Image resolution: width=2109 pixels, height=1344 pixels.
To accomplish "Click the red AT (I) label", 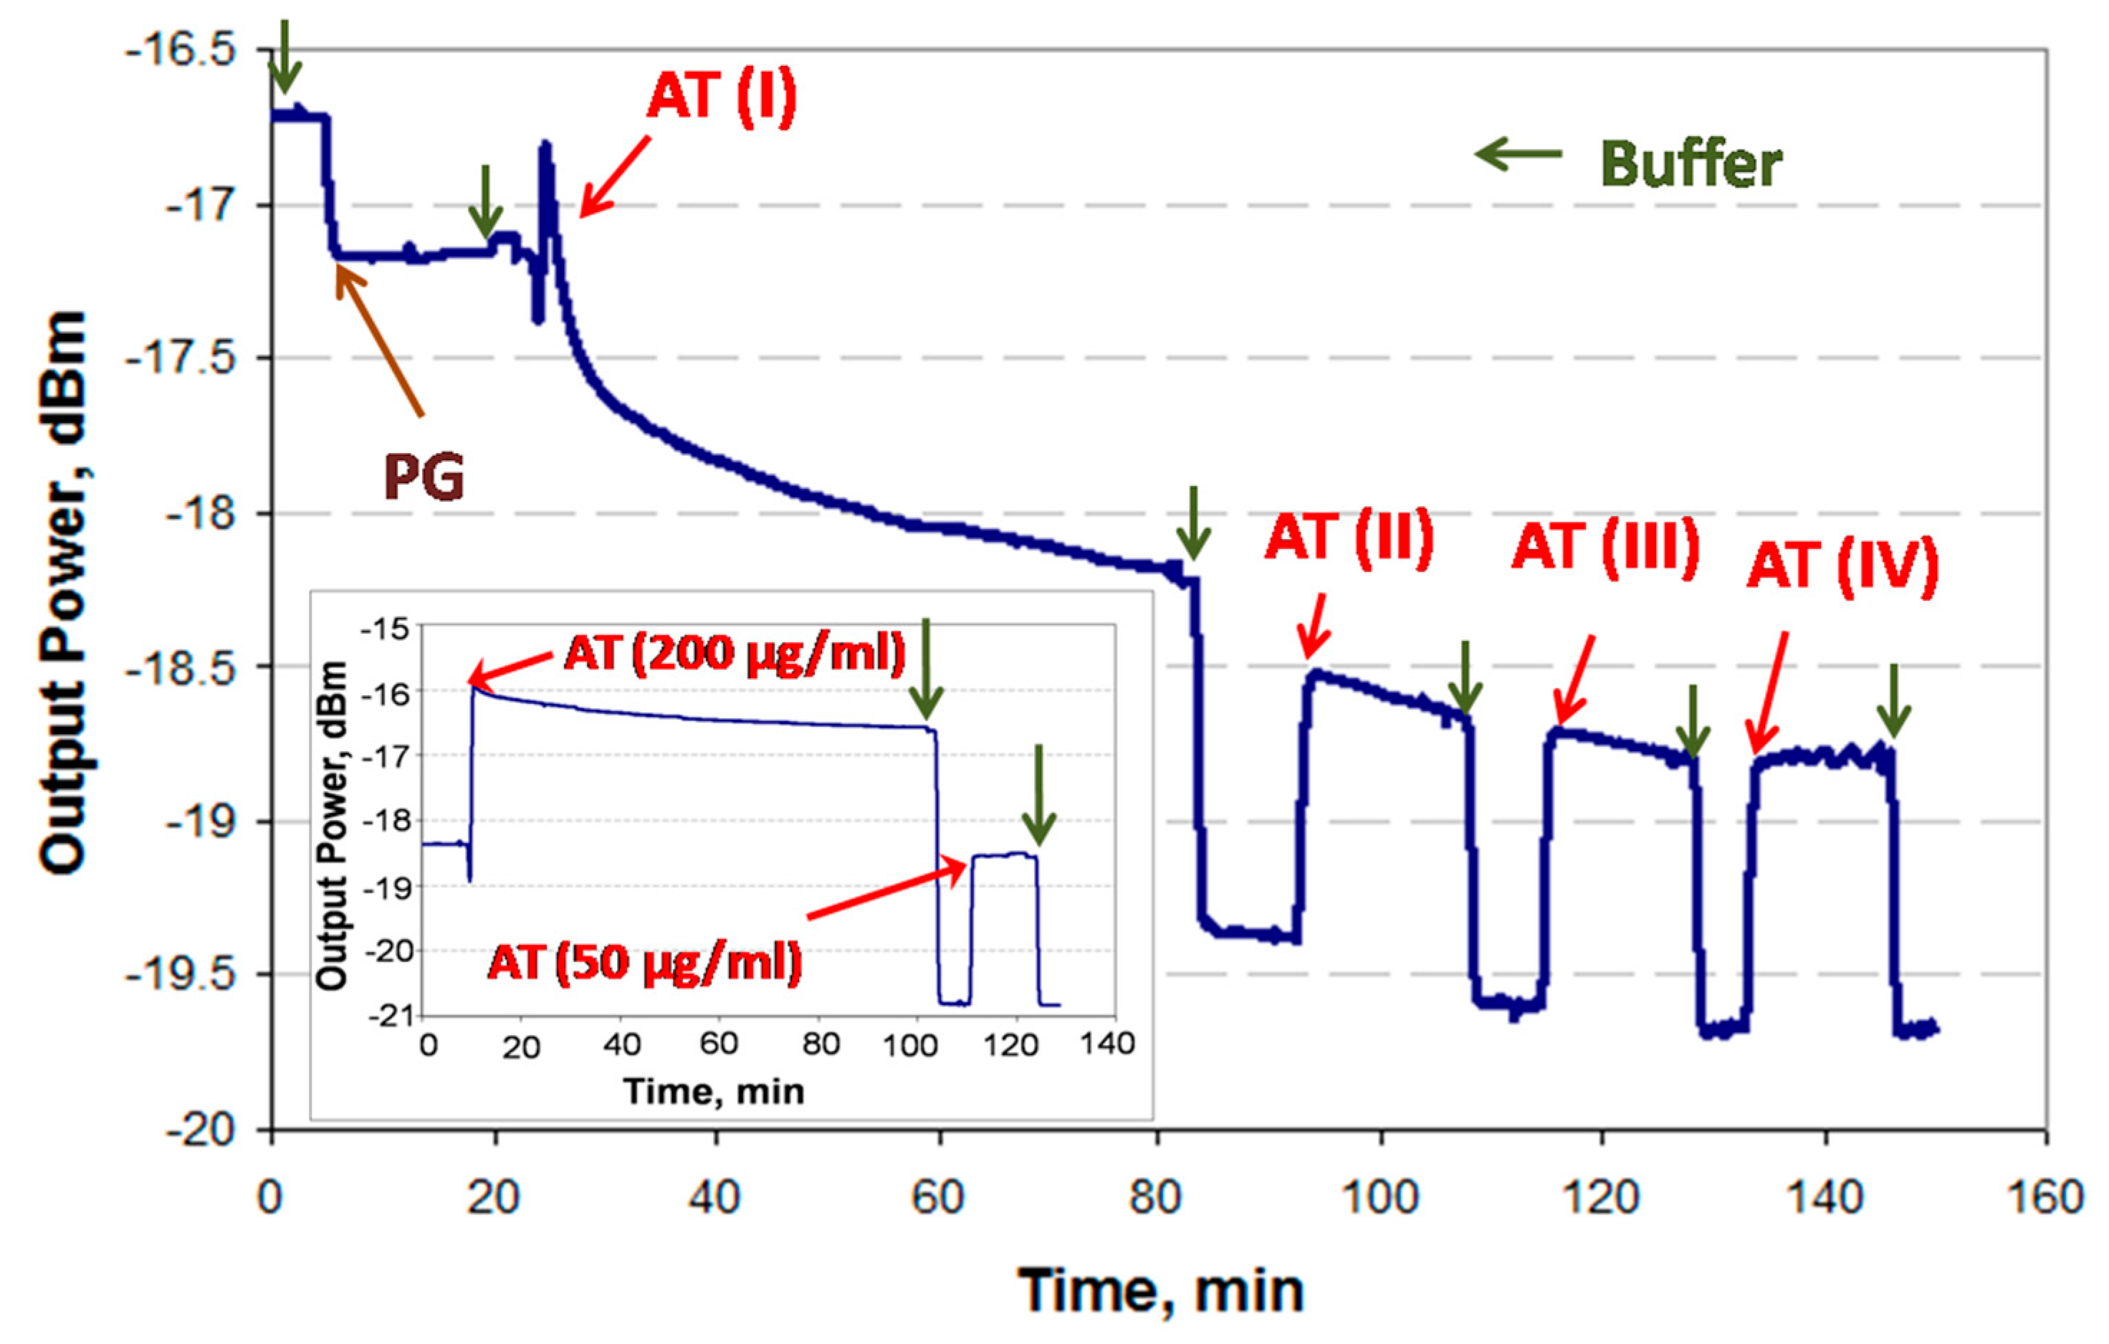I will (721, 95).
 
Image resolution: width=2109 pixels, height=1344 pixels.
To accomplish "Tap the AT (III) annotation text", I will (1605, 547).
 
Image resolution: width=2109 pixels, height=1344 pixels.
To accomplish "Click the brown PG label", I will (424, 478).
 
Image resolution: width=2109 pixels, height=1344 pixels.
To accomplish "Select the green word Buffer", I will (1690, 164).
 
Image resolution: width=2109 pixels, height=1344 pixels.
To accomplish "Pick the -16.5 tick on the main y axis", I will (181, 50).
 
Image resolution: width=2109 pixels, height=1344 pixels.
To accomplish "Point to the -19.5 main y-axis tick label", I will (181, 973).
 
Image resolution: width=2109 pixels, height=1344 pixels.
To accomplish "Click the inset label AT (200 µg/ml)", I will (734, 653).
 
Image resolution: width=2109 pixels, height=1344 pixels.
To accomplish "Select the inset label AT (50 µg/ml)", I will (645, 962).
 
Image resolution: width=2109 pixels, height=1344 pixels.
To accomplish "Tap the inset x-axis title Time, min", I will (714, 1092).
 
